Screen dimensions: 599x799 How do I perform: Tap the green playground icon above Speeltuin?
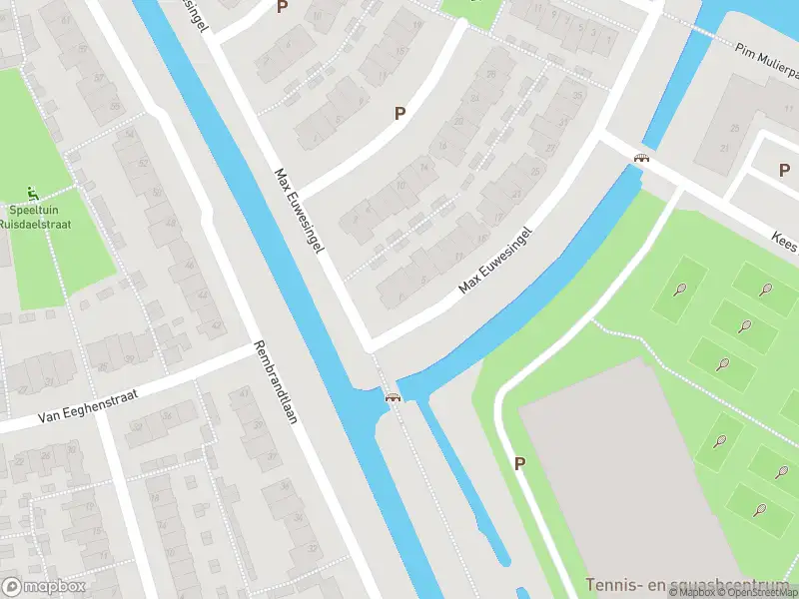(x=34, y=192)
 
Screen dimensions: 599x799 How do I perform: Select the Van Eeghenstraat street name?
(x=84, y=404)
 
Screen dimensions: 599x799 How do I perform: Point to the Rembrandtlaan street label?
(x=277, y=383)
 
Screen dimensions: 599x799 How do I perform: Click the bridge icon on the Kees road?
(x=642, y=157)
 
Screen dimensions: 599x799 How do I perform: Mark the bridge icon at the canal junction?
(x=394, y=396)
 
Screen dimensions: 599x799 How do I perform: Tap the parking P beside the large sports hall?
(x=519, y=463)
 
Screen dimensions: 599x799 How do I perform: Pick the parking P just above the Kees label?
(x=784, y=170)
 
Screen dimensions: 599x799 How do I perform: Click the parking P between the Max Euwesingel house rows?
(x=399, y=114)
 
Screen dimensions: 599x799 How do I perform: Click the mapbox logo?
(x=45, y=586)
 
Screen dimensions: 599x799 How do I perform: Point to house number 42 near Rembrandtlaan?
(x=217, y=323)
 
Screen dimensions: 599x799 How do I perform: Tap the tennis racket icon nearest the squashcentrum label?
(x=760, y=509)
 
